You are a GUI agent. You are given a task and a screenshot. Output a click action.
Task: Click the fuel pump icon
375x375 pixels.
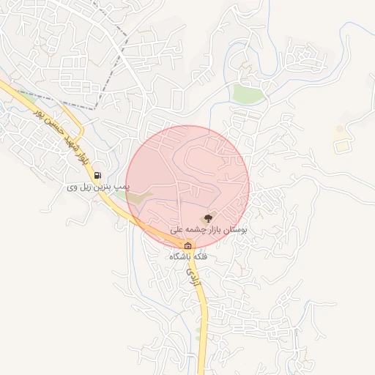coord(97,176)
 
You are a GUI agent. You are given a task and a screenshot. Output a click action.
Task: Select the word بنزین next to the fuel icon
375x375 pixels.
coord(104,188)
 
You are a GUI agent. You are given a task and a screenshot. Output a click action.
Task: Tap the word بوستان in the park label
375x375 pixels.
coord(236,230)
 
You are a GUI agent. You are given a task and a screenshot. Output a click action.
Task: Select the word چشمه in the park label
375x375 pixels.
coord(193,230)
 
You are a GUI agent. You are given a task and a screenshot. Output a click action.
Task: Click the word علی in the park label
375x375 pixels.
coord(177,230)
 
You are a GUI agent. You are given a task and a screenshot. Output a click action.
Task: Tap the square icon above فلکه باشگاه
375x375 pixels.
coord(188,245)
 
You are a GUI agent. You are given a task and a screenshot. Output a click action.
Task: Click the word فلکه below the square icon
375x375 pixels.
coord(198,257)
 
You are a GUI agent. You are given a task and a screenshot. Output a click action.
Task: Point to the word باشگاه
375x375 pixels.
coord(179,257)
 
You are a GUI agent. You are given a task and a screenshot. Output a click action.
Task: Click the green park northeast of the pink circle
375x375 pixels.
coord(247,93)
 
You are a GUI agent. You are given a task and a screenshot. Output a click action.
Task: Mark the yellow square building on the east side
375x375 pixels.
coord(342,146)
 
